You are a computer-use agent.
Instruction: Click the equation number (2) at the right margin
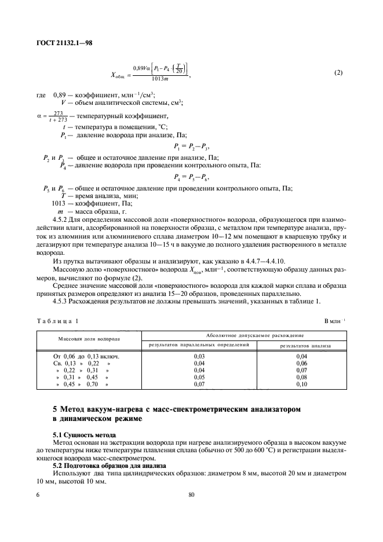coord(338,72)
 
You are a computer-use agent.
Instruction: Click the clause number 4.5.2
coord(60,219)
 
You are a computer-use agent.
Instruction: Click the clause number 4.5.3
coord(60,301)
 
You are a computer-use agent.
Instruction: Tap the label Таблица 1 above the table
coord(57,321)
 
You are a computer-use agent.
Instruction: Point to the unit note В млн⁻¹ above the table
coord(335,321)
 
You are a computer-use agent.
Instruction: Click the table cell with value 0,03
coord(199,356)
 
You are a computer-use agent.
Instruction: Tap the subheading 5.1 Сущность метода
coord(84,434)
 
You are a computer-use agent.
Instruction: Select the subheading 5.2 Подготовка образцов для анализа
coord(110,466)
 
